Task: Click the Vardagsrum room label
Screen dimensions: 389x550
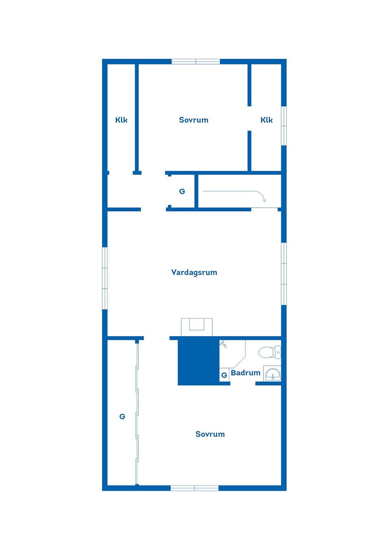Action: (x=194, y=273)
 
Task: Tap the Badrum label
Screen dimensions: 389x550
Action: (x=245, y=373)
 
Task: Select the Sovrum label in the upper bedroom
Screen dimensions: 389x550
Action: (x=194, y=120)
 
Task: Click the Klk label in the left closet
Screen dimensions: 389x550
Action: (x=121, y=120)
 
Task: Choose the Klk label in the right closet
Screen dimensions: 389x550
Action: (x=267, y=120)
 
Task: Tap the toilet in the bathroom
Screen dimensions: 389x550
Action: (x=269, y=352)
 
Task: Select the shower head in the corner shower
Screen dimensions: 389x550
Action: (x=223, y=344)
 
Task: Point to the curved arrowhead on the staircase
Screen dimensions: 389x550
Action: (x=264, y=200)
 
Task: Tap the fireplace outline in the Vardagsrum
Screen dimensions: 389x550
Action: (x=197, y=327)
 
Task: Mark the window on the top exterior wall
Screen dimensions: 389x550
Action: (x=196, y=62)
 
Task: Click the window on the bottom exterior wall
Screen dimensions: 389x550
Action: (x=194, y=488)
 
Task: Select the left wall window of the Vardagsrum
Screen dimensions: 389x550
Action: (x=105, y=278)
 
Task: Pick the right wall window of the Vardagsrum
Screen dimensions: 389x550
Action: (x=284, y=274)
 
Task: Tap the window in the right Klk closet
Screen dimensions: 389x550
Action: (x=284, y=126)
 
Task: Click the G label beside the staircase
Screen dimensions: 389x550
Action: (x=182, y=191)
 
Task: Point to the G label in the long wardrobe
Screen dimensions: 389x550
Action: (x=122, y=417)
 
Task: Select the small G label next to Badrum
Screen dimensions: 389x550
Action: (x=224, y=375)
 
